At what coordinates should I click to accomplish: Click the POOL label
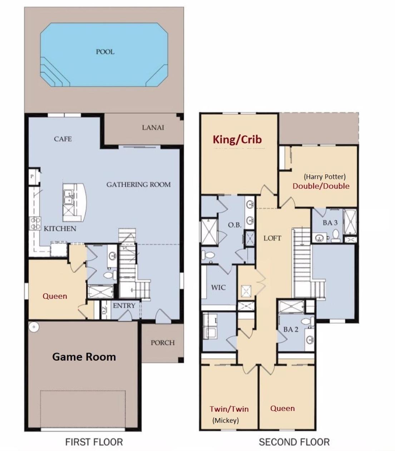pyautogui.click(x=105, y=52)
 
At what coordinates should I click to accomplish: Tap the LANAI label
pyautogui.click(x=153, y=128)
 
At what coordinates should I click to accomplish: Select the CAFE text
pyautogui.click(x=63, y=139)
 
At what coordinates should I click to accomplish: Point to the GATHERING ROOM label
pyautogui.click(x=138, y=184)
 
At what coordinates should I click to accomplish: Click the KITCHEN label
pyautogui.click(x=60, y=229)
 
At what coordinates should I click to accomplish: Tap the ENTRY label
pyautogui.click(x=124, y=306)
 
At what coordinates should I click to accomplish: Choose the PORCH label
pyautogui.click(x=163, y=343)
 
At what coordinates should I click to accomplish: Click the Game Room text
pyautogui.click(x=84, y=357)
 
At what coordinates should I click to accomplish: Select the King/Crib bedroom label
pyautogui.click(x=237, y=139)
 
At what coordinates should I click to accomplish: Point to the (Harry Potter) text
pyautogui.click(x=325, y=177)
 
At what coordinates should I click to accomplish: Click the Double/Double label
pyautogui.click(x=321, y=186)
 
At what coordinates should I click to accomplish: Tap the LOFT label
pyautogui.click(x=272, y=238)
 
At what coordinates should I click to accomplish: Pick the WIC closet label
pyautogui.click(x=218, y=287)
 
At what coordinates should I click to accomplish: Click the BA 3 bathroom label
pyautogui.click(x=330, y=223)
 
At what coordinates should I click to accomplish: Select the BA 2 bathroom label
pyautogui.click(x=291, y=329)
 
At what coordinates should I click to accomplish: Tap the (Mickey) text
pyautogui.click(x=226, y=420)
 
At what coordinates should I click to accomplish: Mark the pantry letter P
pyautogui.click(x=32, y=176)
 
